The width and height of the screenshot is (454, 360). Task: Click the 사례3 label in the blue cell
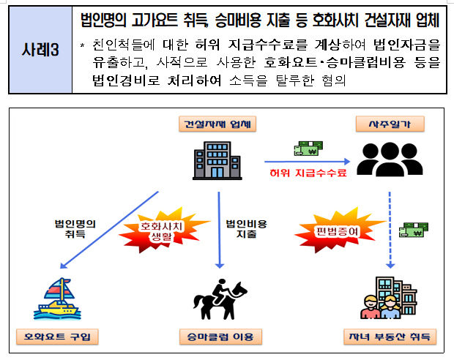pos(40,50)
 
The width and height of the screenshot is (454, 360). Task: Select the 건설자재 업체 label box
pos(217,124)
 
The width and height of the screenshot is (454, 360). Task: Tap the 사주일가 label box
pos(390,124)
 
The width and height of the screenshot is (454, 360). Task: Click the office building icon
pos(217,161)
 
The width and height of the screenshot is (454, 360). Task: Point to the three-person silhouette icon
pos(390,160)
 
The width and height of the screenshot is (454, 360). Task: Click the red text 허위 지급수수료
pos(308,173)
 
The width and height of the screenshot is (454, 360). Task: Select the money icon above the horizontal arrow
pos(309,148)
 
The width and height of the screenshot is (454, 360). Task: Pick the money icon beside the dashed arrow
pos(414,230)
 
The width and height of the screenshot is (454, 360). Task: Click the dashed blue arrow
pos(390,230)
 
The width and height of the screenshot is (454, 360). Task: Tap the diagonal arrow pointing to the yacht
pos(109,230)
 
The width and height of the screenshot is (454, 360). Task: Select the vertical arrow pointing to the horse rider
pos(219,230)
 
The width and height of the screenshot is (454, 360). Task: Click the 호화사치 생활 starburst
pos(162,230)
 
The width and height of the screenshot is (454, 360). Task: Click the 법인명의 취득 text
pos(75,228)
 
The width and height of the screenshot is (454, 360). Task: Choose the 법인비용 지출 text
pos(246,228)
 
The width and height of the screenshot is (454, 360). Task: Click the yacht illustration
pos(57,299)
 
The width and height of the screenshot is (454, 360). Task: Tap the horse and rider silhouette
pos(220,299)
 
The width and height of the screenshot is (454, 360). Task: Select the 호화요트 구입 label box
pos(57,337)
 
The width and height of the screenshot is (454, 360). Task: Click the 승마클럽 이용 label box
pos(220,337)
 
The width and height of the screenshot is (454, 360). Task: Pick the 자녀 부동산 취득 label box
pos(390,337)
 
